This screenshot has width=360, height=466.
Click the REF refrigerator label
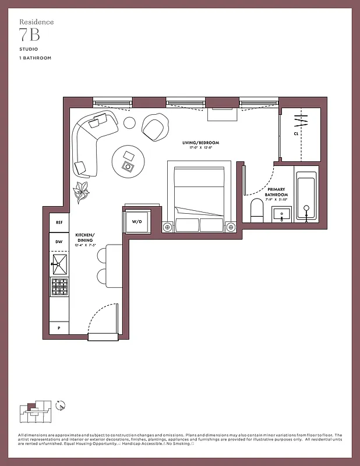point(59,223)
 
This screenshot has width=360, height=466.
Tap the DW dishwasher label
point(59,242)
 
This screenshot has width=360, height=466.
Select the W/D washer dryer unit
point(137,222)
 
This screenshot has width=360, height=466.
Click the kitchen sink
point(59,264)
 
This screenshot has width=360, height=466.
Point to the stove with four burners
point(59,287)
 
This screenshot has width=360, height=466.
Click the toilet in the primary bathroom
point(257,210)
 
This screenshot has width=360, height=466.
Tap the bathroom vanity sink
point(282,214)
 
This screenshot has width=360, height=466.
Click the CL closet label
point(296,133)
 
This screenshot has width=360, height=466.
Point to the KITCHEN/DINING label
point(84,237)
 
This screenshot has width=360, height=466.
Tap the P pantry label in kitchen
point(59,329)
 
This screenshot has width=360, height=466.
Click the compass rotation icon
point(59,405)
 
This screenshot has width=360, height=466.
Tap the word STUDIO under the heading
point(27,50)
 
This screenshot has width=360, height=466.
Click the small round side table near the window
point(129,123)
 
